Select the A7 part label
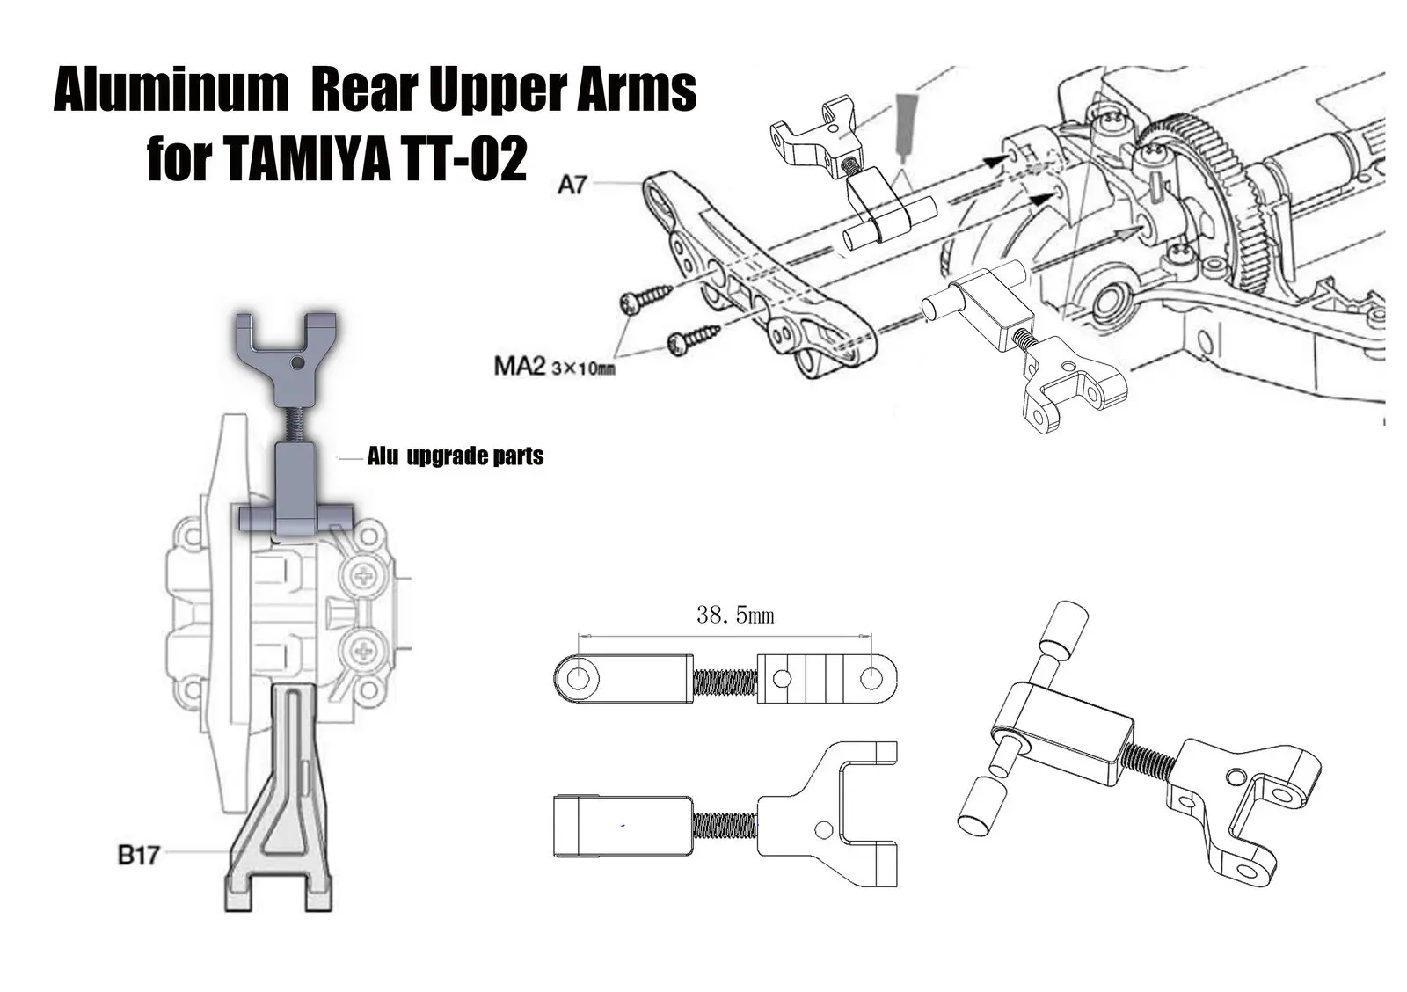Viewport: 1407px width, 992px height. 572,185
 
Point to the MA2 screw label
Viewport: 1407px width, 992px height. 520,364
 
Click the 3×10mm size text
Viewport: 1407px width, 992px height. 583,368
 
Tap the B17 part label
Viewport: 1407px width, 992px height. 138,854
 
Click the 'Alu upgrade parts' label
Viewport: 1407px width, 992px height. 455,456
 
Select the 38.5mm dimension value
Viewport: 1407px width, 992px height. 735,616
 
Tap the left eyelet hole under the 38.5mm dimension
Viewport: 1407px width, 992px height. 579,678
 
